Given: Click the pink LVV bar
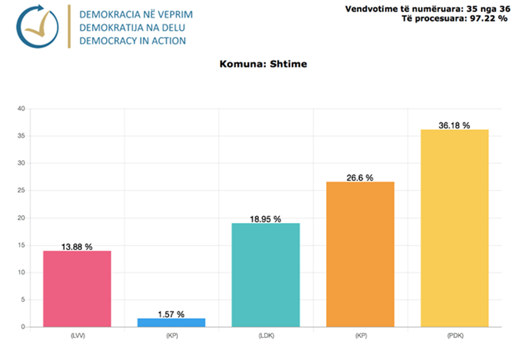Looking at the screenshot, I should pyautogui.click(x=77, y=289).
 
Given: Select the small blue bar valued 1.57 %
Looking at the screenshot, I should pyautogui.click(x=171, y=322).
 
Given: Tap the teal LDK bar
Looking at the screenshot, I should pyautogui.click(x=265, y=275).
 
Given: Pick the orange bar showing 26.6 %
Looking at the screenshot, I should pyautogui.click(x=360, y=254).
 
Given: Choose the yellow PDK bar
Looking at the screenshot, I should pyautogui.click(x=455, y=228).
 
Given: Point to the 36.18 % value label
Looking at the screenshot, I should pyautogui.click(x=455, y=126).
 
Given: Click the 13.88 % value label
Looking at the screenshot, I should pyautogui.click(x=77, y=247).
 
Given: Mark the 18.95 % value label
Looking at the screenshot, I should pyautogui.click(x=265, y=219).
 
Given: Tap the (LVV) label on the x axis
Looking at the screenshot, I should pyautogui.click(x=77, y=336).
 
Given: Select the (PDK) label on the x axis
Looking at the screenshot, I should pyautogui.click(x=455, y=336).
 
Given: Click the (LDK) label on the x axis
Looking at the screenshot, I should pyautogui.click(x=265, y=336).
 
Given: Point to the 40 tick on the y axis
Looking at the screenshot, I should pyautogui.click(x=21, y=109).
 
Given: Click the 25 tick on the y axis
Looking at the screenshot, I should pyautogui.click(x=21, y=191).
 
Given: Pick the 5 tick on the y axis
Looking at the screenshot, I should pyautogui.click(x=23, y=300).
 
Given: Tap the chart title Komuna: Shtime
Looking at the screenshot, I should pyautogui.click(x=263, y=64).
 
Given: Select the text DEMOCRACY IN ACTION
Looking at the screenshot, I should pyautogui.click(x=133, y=41).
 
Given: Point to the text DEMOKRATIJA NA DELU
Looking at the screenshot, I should pyautogui.click(x=133, y=28).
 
